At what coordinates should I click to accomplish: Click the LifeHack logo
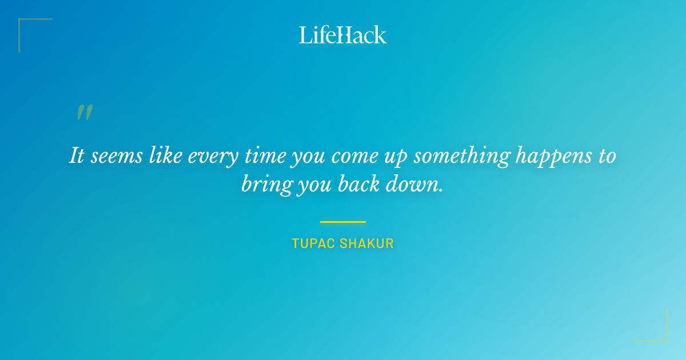343,35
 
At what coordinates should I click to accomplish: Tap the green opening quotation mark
85,113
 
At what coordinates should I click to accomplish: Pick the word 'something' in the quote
461,157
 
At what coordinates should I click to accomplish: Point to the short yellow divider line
343,222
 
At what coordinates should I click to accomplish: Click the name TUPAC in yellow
313,243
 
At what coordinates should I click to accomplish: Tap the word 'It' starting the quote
77,155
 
